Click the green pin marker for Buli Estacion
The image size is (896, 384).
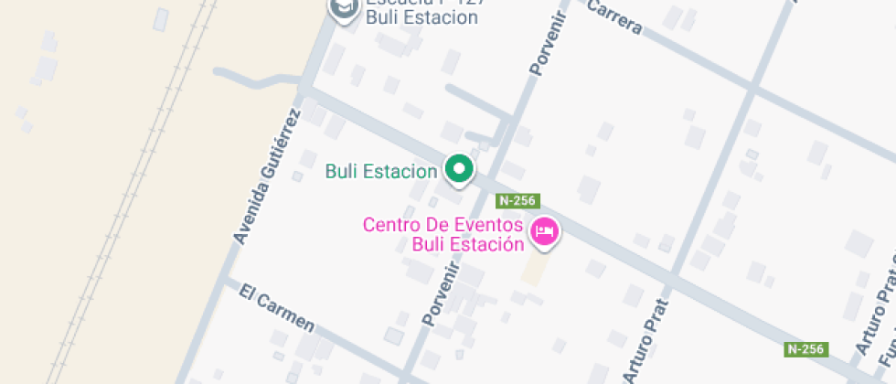pos(459,169)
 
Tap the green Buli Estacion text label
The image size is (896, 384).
pos(381,171)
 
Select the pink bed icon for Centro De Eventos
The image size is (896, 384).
pos(546,230)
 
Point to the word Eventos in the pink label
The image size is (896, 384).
pos(490,225)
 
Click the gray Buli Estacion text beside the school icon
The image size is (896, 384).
pos(421,17)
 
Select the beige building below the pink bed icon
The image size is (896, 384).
pos(535,267)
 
